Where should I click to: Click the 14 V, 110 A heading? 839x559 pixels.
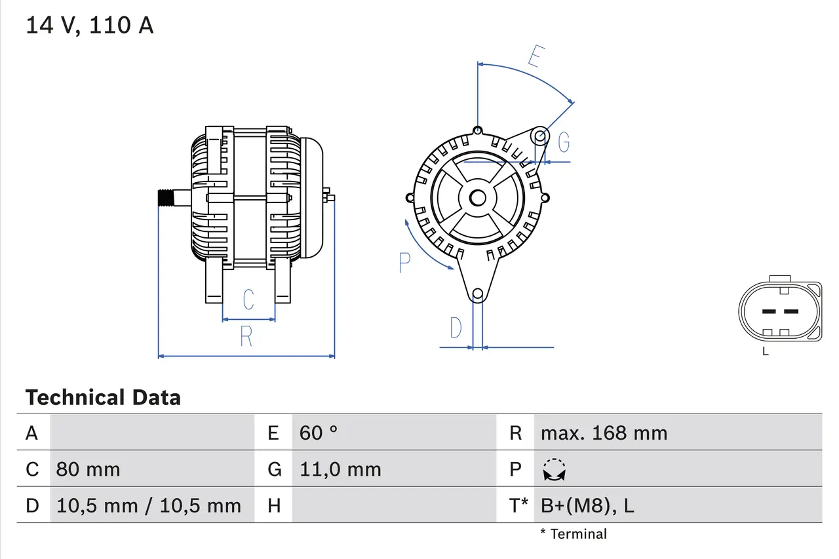tap(89, 26)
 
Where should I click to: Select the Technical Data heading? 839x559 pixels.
tap(103, 397)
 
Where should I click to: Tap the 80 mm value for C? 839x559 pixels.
tap(88, 469)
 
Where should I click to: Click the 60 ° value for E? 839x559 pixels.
tap(319, 433)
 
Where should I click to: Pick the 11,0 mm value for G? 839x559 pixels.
tap(340, 469)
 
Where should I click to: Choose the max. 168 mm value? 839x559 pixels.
tap(604, 433)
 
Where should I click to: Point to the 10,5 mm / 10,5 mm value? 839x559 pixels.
tap(149, 505)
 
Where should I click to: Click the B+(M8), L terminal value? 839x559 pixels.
tap(587, 505)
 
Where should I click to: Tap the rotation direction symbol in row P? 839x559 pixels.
tap(555, 470)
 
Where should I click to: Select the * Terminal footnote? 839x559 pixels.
tap(574, 533)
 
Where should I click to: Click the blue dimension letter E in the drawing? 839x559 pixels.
tap(536, 57)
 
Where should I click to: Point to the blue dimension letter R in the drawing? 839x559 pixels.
tap(246, 336)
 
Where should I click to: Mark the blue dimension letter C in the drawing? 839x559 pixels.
tap(248, 299)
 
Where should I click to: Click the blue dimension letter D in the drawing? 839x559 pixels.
tap(456, 328)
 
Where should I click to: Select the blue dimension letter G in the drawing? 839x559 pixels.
tap(563, 142)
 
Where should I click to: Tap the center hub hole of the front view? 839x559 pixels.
tap(477, 197)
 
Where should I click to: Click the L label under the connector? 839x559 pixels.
tap(765, 351)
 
